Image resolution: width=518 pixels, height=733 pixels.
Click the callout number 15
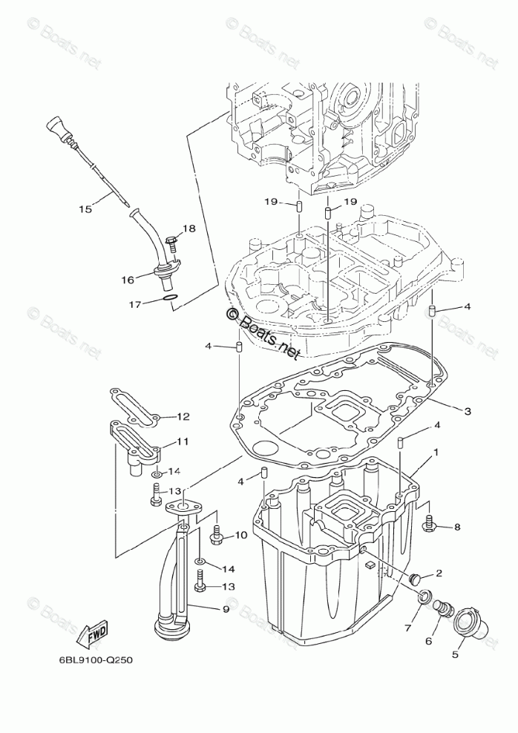tap(85, 209)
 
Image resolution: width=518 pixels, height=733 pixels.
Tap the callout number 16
tap(128, 280)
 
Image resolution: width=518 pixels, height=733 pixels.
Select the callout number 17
tap(134, 304)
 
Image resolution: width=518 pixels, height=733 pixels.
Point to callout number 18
tap(188, 229)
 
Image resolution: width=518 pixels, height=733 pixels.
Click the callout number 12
tap(183, 417)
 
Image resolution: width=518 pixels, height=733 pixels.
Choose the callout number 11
tap(182, 441)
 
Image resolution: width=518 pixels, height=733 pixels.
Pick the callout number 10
tap(240, 534)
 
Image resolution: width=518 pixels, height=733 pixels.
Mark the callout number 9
tap(225, 610)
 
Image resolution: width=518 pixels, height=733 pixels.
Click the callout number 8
tap(456, 527)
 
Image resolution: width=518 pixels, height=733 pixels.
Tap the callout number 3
tap(467, 410)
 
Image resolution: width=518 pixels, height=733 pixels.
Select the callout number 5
tap(456, 654)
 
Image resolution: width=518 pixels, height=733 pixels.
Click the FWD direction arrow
tap(96, 635)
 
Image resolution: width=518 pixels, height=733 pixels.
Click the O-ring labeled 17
tap(170, 299)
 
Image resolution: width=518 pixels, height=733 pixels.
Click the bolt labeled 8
tap(428, 526)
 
